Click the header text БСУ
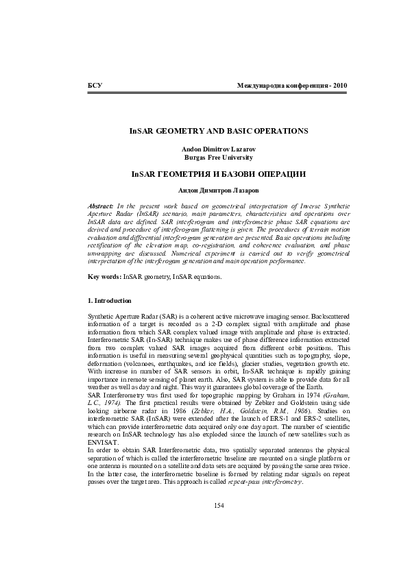[x=95, y=86]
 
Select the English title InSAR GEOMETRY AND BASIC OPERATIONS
[x=219, y=130]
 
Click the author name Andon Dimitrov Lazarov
[x=219, y=149]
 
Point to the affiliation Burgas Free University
[x=219, y=157]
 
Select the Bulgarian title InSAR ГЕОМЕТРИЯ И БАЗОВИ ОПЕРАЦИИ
[x=219, y=174]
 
